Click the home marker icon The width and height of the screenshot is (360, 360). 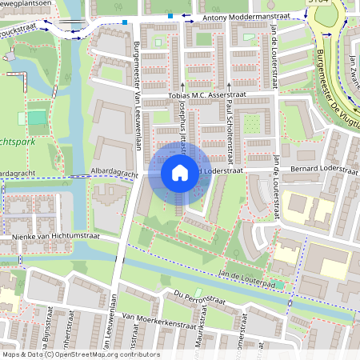click(180, 173)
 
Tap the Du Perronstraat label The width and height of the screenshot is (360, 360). click(194, 299)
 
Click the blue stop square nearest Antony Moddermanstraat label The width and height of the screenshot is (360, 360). click(170, 15)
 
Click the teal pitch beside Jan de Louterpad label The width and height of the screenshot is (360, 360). click(279, 284)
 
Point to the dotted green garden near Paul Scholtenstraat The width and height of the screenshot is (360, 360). click(251, 124)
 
